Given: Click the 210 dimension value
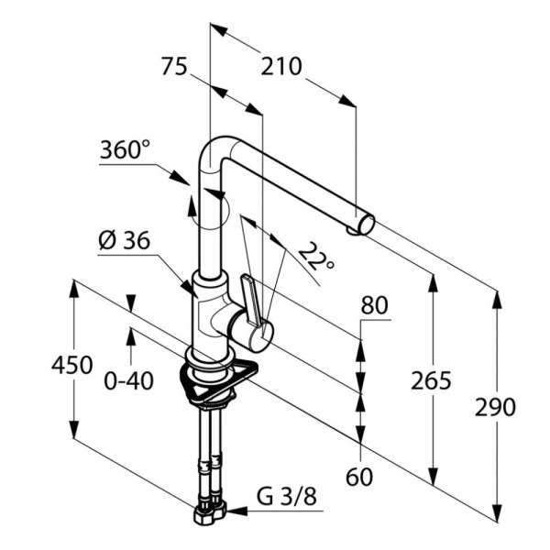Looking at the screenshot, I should pos(281,67).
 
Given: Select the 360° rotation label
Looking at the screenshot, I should pos(126,148).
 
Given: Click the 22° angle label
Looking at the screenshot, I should pos(316,259).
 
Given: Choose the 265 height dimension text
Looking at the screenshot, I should pos(430,380).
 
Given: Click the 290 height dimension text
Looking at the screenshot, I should pos(496,407).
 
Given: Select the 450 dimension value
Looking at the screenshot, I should pos(71,365).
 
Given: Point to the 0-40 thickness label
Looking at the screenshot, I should pos(129,379).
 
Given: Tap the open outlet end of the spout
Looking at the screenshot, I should pos(365,223).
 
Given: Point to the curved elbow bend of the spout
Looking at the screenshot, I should pos(216,153).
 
